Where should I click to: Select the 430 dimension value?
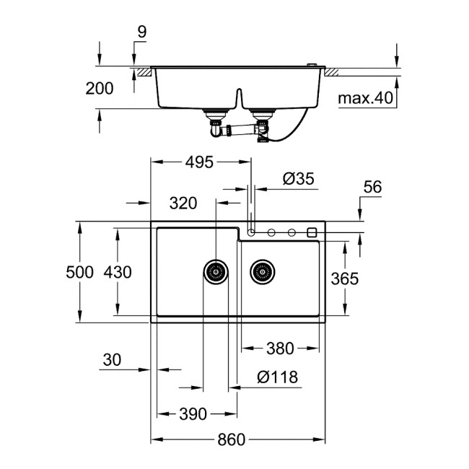[118, 272]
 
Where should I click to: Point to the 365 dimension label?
[344, 279]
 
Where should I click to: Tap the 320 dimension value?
[183, 203]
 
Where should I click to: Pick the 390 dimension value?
[193, 413]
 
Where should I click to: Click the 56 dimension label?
[372, 188]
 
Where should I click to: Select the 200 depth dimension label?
[99, 89]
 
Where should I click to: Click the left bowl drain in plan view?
[215, 272]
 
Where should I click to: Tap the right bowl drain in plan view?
[263, 272]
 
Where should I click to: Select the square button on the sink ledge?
[312, 232]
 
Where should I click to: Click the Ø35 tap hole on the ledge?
[251, 232]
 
